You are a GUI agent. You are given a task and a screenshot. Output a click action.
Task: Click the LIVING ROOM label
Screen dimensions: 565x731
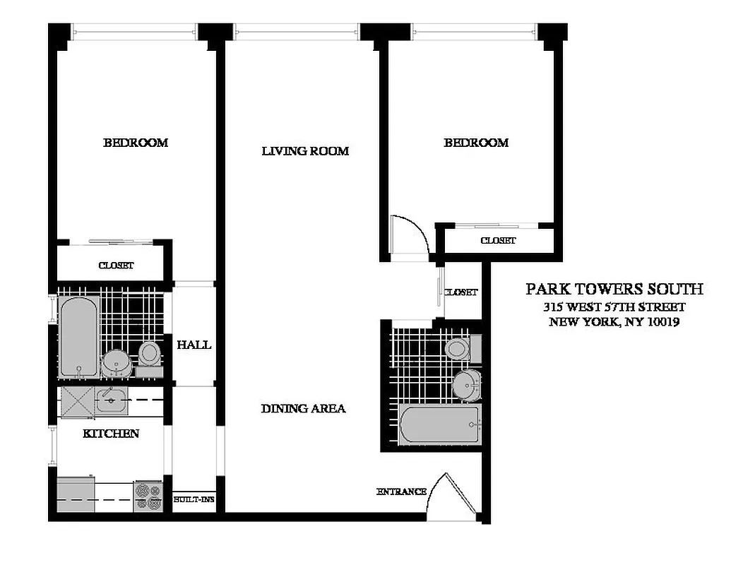(x=305, y=150)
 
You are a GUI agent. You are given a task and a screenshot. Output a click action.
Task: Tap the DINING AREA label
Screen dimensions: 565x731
(x=303, y=408)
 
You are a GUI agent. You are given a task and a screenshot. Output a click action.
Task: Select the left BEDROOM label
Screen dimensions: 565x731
(x=136, y=143)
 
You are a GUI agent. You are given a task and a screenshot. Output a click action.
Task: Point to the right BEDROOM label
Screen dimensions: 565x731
(x=476, y=143)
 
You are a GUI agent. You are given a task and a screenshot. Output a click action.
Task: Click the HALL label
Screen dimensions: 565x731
(x=194, y=345)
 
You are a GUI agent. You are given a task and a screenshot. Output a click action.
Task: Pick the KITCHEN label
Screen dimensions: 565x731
(x=111, y=433)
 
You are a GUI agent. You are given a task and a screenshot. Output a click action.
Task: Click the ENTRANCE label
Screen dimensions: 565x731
(x=401, y=492)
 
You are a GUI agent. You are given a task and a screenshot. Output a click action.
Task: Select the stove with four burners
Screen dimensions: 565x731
(x=148, y=495)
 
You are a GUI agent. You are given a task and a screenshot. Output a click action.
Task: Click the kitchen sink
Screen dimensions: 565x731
(x=111, y=400)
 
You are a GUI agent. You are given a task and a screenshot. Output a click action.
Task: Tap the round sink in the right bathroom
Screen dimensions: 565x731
(x=465, y=385)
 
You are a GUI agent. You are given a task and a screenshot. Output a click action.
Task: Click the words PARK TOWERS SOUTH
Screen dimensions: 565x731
(x=614, y=289)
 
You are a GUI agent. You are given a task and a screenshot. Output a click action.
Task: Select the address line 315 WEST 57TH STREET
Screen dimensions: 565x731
(x=614, y=307)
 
